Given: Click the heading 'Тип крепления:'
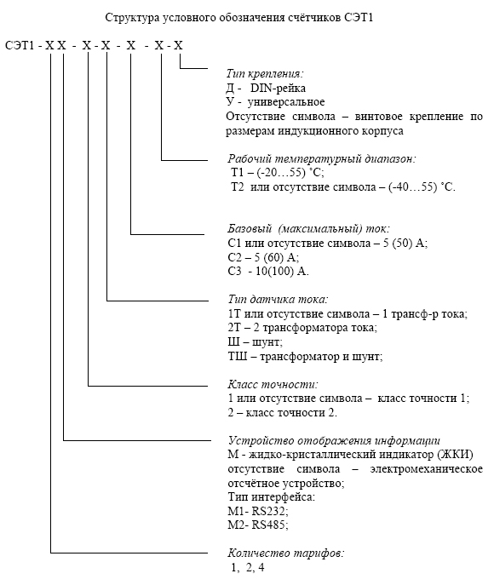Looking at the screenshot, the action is (265, 74).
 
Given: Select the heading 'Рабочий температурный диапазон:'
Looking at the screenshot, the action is (322, 159).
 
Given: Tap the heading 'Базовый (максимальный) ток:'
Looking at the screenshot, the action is (309, 229).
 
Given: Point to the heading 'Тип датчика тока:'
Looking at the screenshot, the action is (279, 299).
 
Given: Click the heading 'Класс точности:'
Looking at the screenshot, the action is (273, 384).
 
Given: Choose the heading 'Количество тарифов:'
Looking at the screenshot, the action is (286, 553).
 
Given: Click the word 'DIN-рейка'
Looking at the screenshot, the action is (278, 88).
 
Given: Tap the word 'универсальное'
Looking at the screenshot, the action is (286, 102).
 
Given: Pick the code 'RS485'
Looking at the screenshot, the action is (270, 525).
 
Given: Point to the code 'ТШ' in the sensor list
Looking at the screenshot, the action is (238, 357).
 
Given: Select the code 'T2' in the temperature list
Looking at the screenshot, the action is (237, 187).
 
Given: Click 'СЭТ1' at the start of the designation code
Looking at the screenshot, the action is (20, 46).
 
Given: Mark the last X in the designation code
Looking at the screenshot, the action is (178, 46).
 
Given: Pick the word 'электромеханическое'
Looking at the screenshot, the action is (426, 469).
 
